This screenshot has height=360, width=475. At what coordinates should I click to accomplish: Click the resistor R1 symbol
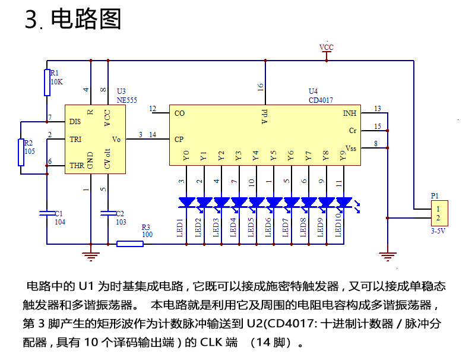47,82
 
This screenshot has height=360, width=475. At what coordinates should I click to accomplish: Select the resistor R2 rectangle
21,149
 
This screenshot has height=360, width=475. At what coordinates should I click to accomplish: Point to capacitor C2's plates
108,212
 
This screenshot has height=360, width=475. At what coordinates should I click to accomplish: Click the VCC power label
326,47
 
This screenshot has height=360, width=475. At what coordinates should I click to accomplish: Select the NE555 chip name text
126,100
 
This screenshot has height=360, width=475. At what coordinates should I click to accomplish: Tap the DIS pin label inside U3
75,121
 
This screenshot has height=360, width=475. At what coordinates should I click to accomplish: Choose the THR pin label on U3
77,165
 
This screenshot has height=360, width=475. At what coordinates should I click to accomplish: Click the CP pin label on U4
179,140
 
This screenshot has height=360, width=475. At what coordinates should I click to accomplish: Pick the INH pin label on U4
350,113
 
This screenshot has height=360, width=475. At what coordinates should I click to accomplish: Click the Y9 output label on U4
343,156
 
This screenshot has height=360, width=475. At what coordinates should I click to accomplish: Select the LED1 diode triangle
186,203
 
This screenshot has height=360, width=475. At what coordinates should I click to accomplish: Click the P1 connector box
439,213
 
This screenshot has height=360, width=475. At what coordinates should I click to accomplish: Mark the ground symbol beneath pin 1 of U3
90,256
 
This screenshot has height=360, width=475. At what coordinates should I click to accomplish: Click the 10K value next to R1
56,81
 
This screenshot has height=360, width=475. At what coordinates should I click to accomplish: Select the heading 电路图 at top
87,20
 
